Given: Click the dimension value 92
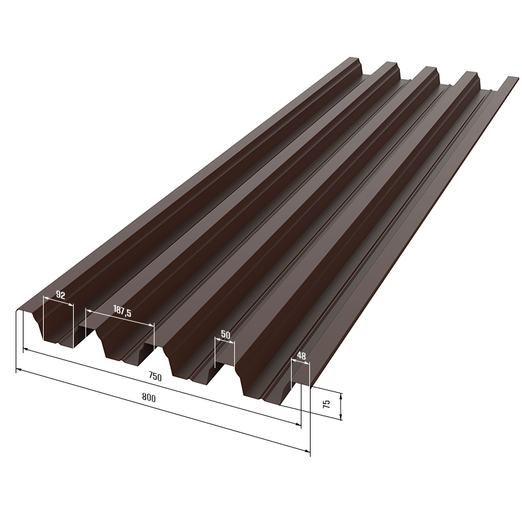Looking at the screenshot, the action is pyautogui.click(x=61, y=295).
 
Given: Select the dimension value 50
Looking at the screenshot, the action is pyautogui.click(x=225, y=335).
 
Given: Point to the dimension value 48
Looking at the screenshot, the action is pyautogui.click(x=301, y=356).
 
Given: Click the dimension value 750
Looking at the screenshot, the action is pyautogui.click(x=155, y=376).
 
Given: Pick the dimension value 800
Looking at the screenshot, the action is pyautogui.click(x=149, y=397).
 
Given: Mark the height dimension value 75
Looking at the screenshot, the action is pyautogui.click(x=327, y=404).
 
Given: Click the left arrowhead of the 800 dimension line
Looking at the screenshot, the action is pyautogui.click(x=19, y=369).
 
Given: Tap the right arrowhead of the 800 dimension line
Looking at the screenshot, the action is pyautogui.click(x=307, y=451).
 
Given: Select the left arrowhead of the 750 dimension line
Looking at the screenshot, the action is pyautogui.click(x=25, y=350).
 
